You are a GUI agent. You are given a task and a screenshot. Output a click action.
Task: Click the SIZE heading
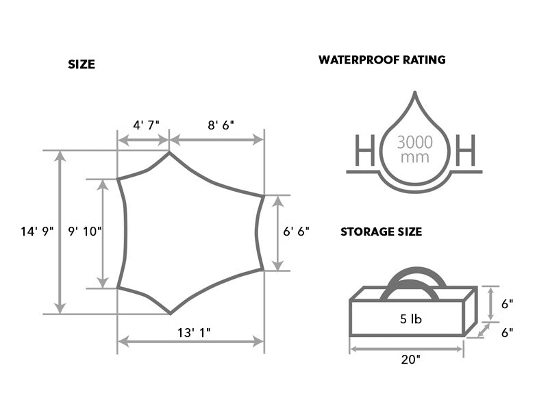pos(82,64)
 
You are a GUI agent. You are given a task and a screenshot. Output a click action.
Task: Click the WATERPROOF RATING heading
pos(382,60)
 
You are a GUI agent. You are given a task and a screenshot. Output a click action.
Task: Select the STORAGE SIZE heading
pos(382,232)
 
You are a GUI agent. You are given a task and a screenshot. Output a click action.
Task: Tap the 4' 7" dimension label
pos(146,125)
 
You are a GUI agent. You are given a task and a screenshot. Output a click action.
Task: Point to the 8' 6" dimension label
pos(221,125)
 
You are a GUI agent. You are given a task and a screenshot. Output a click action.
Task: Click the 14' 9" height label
pos(37,232)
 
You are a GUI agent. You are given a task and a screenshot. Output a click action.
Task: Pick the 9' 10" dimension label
pos(85,231)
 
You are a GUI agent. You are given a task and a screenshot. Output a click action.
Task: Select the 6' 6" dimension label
pos(297,231)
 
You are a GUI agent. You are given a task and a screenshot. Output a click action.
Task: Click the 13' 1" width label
pos(194,333)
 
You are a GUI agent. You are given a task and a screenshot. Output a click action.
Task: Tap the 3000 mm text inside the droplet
pos(415,149)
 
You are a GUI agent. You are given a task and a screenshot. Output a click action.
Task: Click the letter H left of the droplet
pos(365,150)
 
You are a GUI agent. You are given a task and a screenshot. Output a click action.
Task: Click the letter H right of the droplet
pos(466,150)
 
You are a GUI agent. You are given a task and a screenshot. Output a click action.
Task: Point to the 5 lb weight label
pos(411,319)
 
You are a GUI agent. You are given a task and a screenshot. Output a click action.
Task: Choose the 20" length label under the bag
pos(410,359)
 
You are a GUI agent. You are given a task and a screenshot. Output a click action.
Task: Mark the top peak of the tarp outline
pos(169,152)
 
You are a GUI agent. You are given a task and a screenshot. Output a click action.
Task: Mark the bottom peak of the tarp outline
pos(170,314)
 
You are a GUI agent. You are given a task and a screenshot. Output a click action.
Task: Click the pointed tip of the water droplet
pos(415,92)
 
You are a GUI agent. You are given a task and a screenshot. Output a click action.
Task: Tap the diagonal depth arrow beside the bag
pos(484,331)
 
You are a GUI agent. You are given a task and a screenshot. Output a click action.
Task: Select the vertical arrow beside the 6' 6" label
pos(277,233)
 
